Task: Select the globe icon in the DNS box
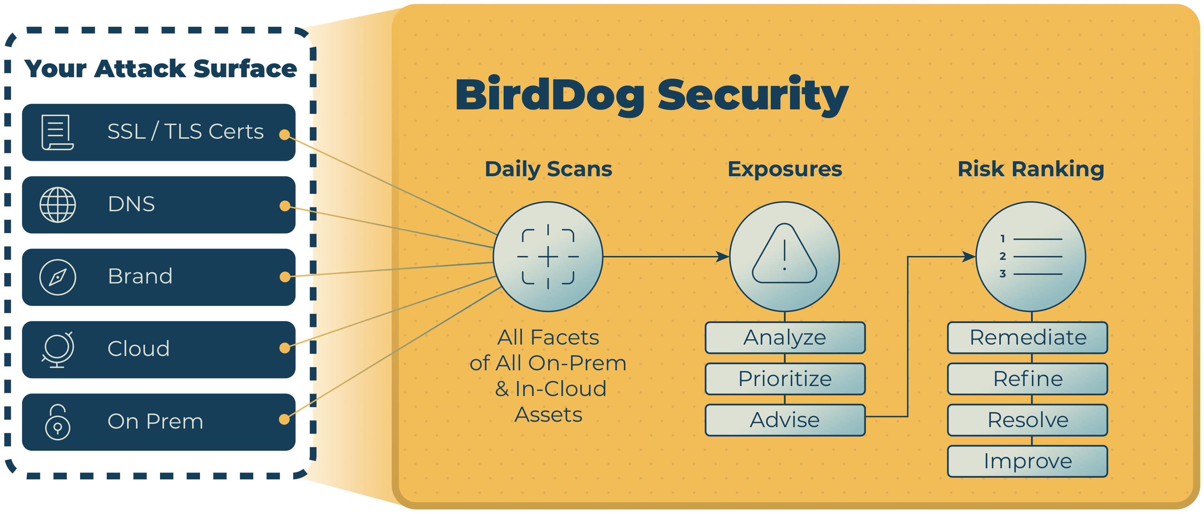[58, 205]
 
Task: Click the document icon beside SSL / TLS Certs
[57, 132]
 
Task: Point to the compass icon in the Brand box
[58, 277]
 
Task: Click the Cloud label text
[138, 349]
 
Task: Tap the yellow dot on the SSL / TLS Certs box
[284, 135]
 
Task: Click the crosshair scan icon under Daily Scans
[548, 257]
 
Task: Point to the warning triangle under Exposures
[785, 254]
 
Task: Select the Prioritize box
[785, 379]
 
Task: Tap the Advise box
[785, 420]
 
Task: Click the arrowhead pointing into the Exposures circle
[723, 257]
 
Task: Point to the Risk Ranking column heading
[1031, 169]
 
